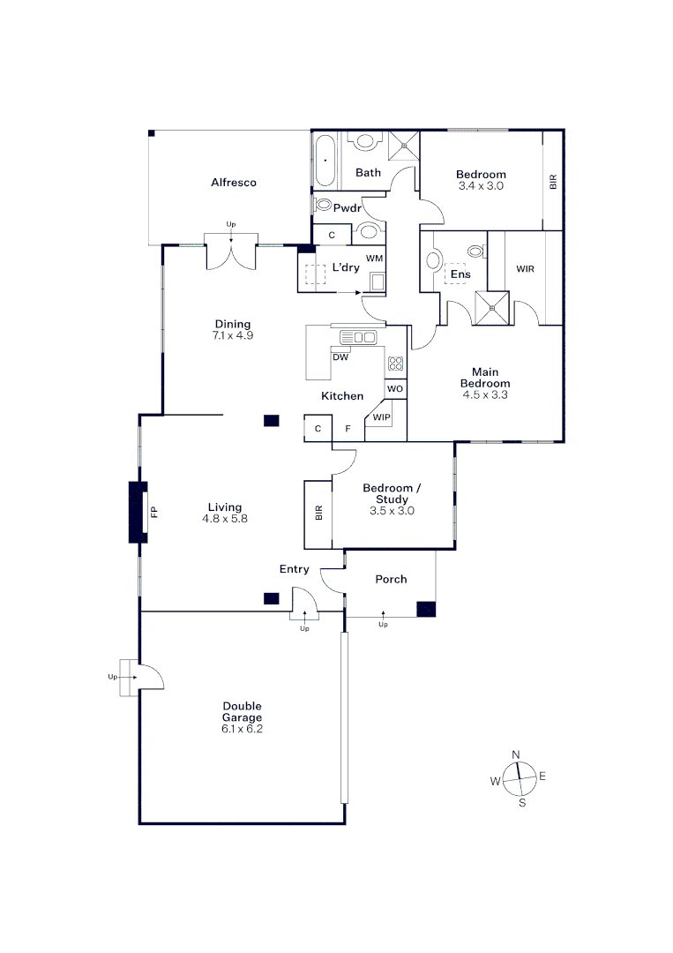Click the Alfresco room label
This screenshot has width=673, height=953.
(233, 183)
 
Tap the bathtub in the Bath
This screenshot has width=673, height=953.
(325, 161)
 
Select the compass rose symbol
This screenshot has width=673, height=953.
(520, 778)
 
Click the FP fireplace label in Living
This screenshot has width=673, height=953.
(153, 512)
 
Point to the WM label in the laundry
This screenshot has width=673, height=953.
(374, 259)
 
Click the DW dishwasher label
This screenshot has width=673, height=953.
(340, 357)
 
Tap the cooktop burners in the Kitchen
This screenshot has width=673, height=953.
(395, 364)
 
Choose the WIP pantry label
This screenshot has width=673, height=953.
(381, 416)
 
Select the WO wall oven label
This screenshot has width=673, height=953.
(395, 389)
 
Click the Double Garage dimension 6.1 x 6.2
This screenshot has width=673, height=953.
(242, 729)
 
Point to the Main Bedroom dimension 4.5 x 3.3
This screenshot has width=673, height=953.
(485, 394)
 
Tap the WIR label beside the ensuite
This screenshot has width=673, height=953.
(526, 268)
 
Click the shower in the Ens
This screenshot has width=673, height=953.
(491, 308)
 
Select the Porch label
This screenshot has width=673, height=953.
(391, 579)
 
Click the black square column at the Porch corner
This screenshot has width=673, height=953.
(426, 609)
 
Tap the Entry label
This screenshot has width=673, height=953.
(294, 569)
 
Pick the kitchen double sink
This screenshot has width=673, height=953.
(358, 337)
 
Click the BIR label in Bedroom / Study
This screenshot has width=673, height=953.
(319, 513)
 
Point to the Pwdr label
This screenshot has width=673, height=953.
(348, 208)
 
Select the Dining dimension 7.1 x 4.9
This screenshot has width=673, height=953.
(233, 335)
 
